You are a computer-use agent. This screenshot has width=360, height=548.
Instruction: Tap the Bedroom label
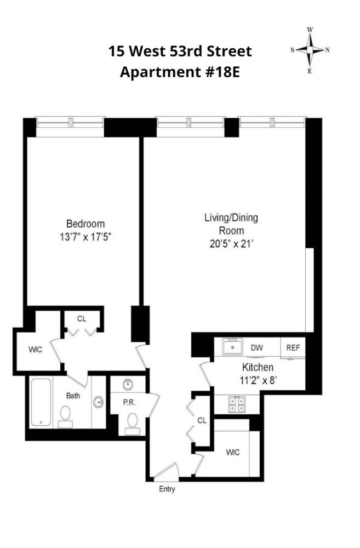point(85,224)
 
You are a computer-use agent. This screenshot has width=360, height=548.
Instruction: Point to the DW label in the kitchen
point(256,347)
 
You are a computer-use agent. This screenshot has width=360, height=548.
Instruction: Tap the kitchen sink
point(232,347)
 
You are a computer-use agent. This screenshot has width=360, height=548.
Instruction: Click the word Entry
point(167,489)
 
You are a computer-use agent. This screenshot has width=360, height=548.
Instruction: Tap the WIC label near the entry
point(234,453)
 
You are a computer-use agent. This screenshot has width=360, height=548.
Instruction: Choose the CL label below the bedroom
point(82,318)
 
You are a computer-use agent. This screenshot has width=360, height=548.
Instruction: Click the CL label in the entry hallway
point(202,420)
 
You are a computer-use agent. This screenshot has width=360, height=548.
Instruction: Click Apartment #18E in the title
point(180,72)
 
